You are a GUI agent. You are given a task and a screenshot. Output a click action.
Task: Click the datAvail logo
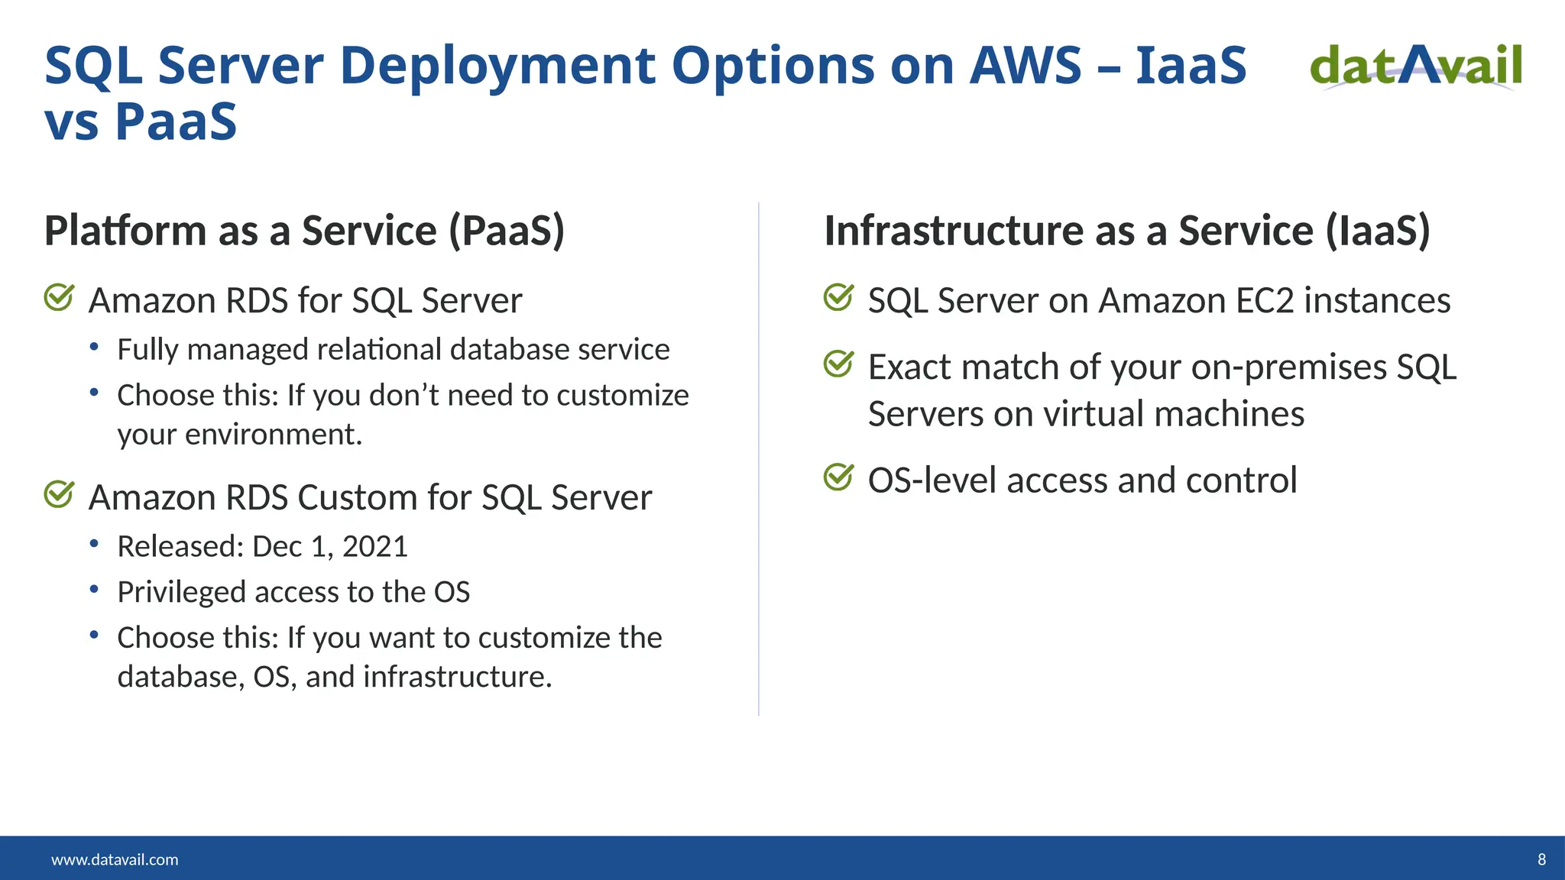[1416, 66]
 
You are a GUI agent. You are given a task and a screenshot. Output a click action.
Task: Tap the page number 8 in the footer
[1541, 859]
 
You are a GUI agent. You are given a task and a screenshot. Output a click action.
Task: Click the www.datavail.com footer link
[115, 859]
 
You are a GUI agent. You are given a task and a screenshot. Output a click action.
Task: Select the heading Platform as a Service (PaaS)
[304, 231]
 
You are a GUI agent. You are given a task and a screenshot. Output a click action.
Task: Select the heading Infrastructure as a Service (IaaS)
[1126, 231]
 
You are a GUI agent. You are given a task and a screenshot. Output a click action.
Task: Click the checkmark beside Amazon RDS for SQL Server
[59, 298]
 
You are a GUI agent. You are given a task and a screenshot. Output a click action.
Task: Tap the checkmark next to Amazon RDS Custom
[59, 494]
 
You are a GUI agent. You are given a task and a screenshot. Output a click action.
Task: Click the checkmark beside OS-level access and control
[838, 477]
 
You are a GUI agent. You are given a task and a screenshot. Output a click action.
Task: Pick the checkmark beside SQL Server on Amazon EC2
[838, 298]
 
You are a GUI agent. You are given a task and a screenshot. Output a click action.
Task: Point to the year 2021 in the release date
[374, 547]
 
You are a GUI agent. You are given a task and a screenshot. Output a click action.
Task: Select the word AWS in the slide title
[1026, 66]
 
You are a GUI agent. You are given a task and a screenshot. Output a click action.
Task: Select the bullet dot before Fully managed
[94, 348]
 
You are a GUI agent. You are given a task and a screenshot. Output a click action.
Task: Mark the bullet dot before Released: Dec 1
[94, 545]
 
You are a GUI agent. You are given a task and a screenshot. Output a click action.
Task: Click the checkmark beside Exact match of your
[838, 364]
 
